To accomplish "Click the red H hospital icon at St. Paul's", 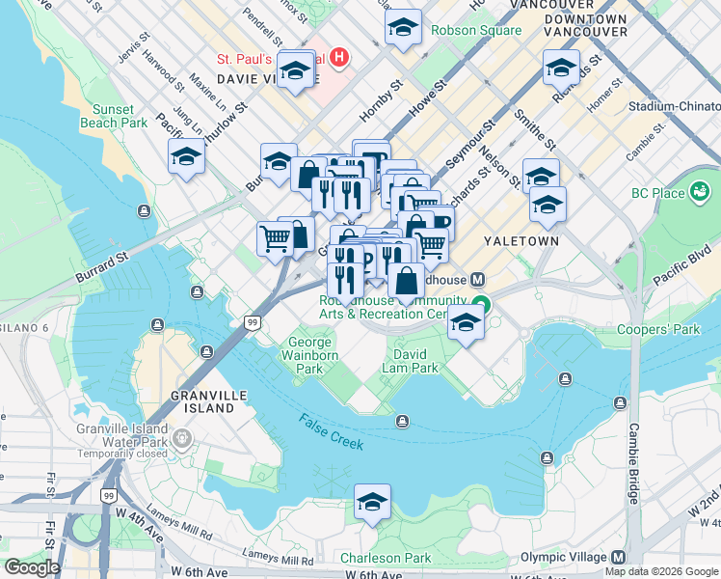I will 337,58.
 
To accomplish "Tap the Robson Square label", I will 482,30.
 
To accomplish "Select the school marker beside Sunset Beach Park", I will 187,158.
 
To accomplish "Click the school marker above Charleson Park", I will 372,503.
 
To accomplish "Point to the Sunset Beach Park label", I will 120,116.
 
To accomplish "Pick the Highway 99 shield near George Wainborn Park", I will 252,322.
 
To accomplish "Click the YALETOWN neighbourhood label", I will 521,241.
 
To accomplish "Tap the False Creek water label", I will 331,431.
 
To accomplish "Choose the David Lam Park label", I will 415,361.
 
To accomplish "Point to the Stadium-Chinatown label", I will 674,106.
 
